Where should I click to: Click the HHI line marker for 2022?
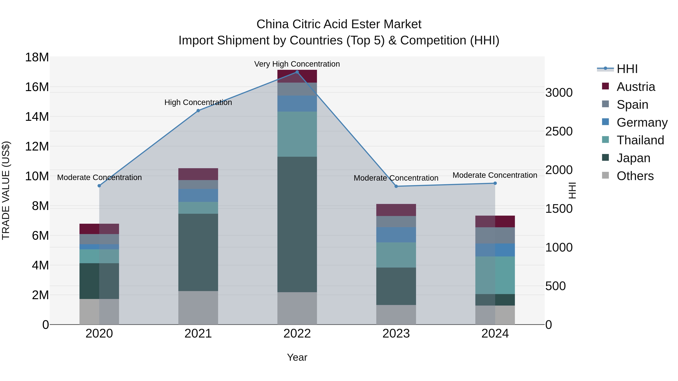297,72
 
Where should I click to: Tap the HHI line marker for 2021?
198,111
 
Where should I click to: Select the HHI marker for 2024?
495,183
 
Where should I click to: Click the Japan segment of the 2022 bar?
297,224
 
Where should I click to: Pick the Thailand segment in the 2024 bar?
495,275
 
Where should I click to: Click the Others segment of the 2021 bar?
198,308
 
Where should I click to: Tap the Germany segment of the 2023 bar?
396,235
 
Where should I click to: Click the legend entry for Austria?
635,87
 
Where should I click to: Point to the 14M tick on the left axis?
37,116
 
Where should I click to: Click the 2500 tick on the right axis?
559,131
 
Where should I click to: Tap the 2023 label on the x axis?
396,334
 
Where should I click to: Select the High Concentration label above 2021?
198,102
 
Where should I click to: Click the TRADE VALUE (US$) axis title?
6,190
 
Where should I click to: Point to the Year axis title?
297,357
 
